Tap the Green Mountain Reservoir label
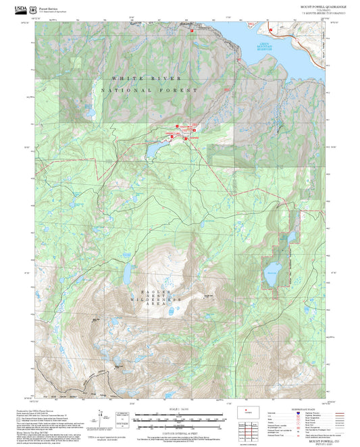(x=268, y=47)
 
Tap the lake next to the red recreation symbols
(x=156, y=147)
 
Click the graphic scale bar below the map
(x=180, y=419)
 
